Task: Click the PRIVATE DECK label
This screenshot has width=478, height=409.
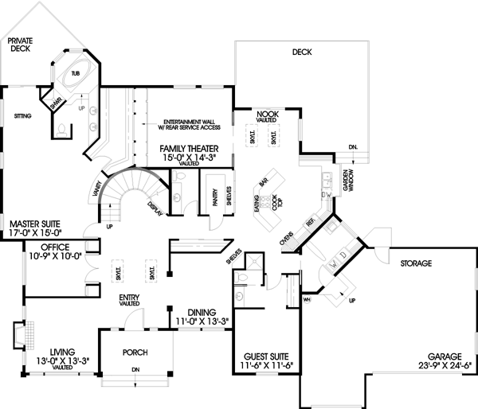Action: click(x=20, y=44)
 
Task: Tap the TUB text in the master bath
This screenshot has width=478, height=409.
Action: click(x=76, y=73)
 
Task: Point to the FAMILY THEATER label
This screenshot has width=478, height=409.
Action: click(x=191, y=149)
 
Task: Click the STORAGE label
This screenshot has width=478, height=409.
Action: click(x=416, y=263)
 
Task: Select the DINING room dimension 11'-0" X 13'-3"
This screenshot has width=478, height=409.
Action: click(x=203, y=321)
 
